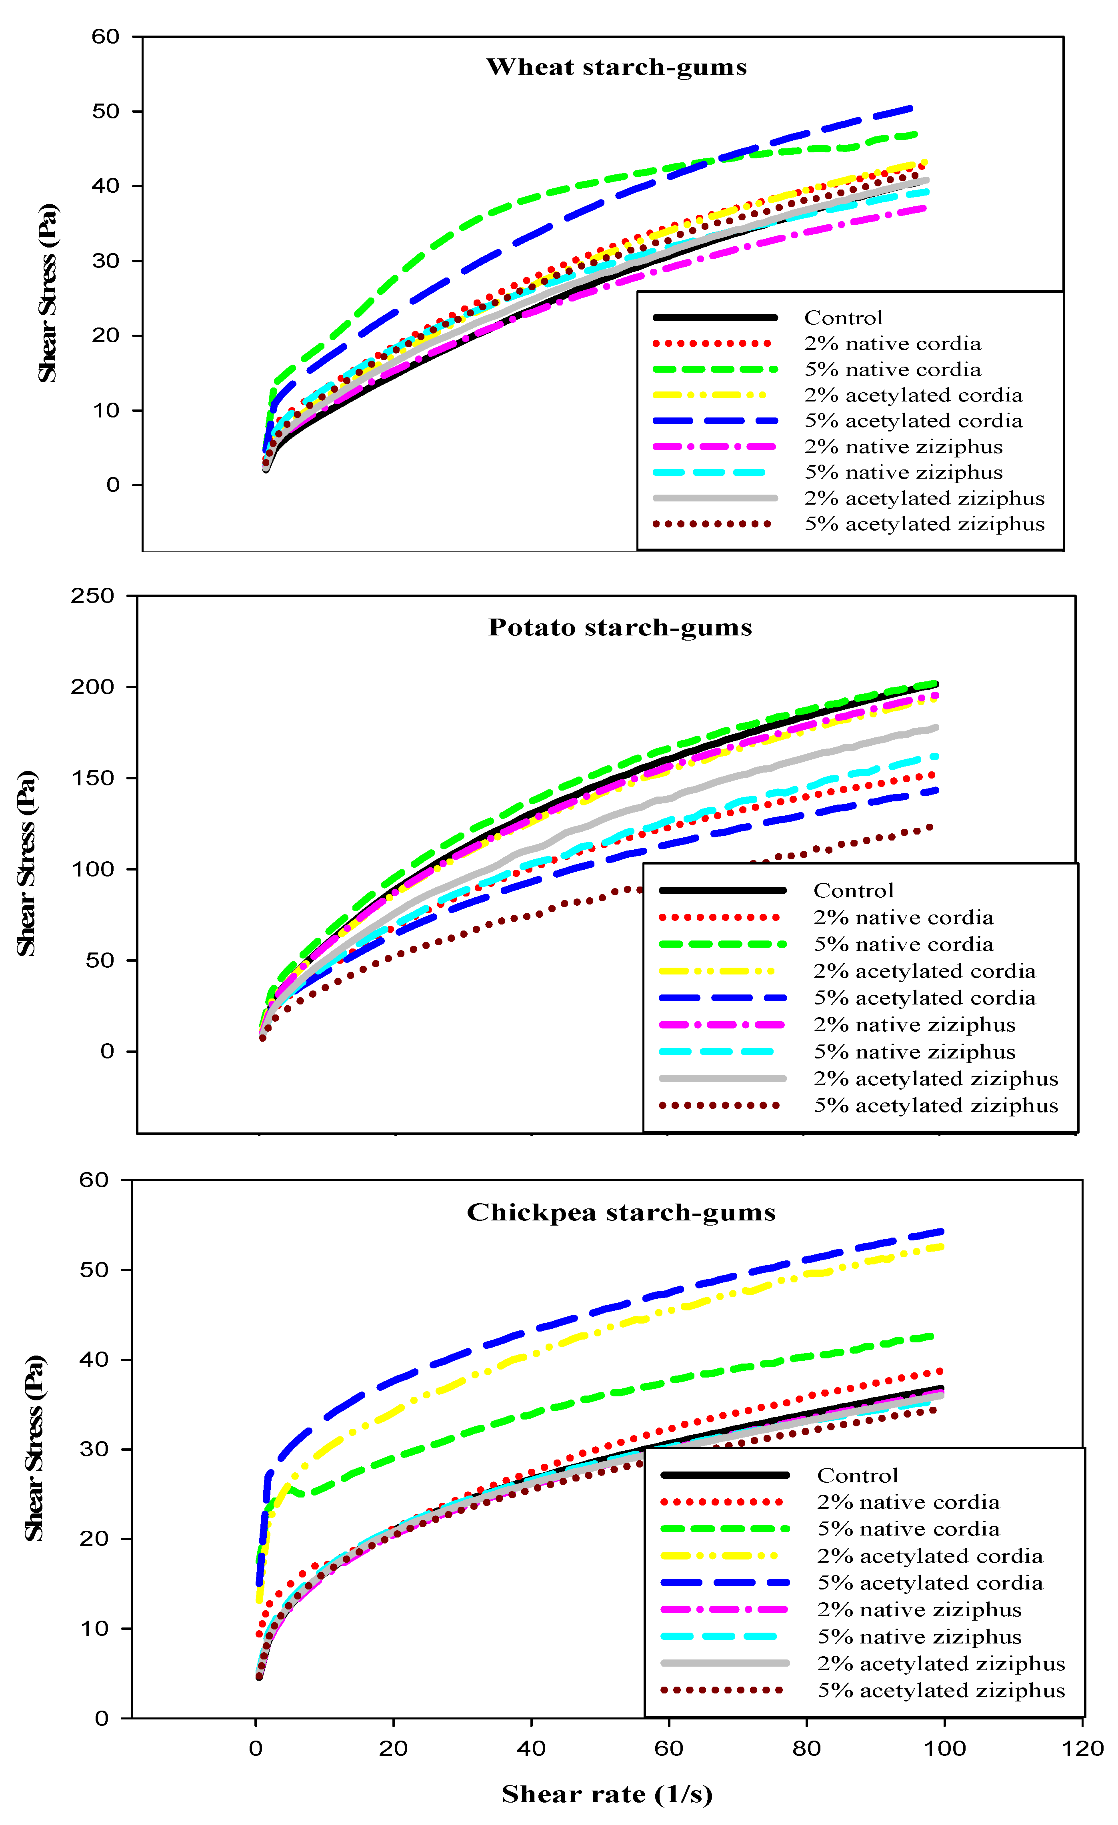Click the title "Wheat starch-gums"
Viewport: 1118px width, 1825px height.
(616, 68)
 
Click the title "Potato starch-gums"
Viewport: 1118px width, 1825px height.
(620, 627)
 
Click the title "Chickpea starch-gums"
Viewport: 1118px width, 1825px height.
(621, 1212)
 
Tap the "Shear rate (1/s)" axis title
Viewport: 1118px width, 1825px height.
(607, 1794)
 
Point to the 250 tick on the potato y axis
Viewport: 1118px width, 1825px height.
(93, 596)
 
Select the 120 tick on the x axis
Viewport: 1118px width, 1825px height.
(1082, 1749)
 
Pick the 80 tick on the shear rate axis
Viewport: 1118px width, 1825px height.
(806, 1749)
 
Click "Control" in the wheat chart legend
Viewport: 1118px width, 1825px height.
(843, 318)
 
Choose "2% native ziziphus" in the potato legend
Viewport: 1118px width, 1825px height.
(914, 1025)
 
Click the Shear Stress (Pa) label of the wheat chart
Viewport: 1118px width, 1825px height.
(48, 293)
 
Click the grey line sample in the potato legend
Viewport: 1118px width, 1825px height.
(722, 1078)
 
